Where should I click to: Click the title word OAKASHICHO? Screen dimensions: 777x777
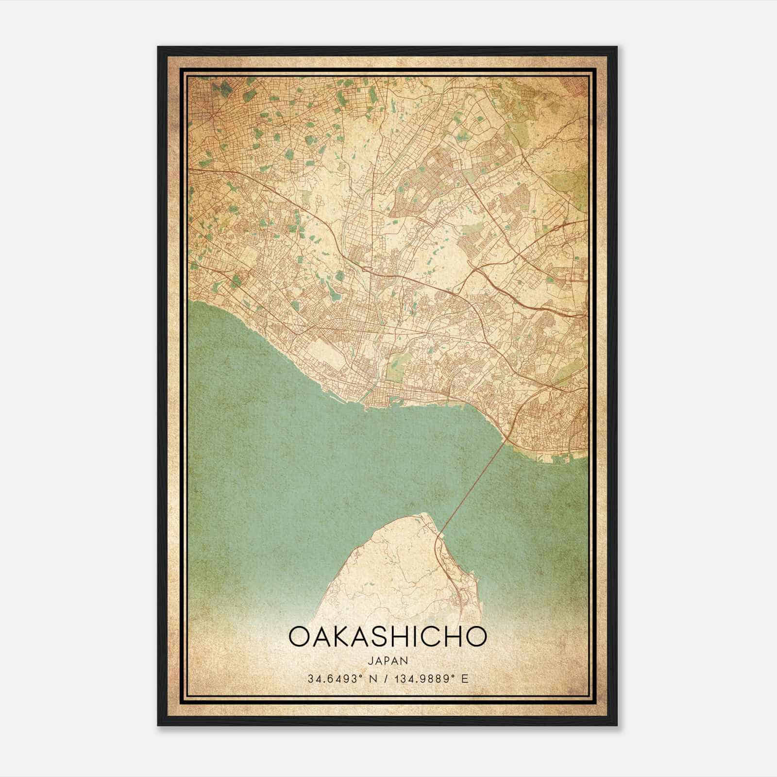(387, 636)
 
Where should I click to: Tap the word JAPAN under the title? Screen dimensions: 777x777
(388, 660)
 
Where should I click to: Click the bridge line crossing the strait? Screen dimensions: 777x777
(473, 486)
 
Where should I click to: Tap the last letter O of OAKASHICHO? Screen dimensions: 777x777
(476, 636)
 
